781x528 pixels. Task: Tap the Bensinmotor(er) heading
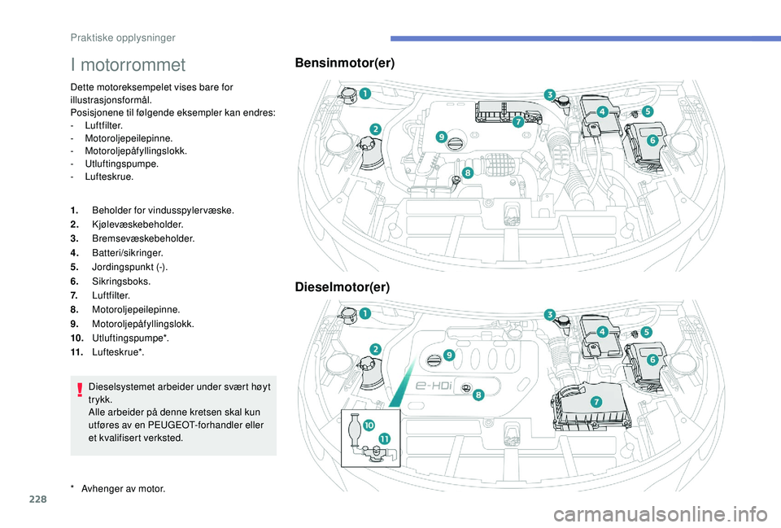[345, 63]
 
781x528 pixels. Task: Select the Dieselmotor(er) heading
[343, 287]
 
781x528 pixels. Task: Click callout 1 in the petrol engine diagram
[365, 94]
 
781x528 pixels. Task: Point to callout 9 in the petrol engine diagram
[441, 137]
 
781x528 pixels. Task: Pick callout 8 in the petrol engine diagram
[469, 172]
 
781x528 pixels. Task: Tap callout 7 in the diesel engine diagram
[596, 402]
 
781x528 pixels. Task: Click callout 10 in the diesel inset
[368, 425]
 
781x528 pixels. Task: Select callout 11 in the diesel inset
[383, 439]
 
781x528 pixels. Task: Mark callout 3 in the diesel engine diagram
[550, 314]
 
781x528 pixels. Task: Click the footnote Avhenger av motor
[127, 488]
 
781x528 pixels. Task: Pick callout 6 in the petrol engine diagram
[652, 140]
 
